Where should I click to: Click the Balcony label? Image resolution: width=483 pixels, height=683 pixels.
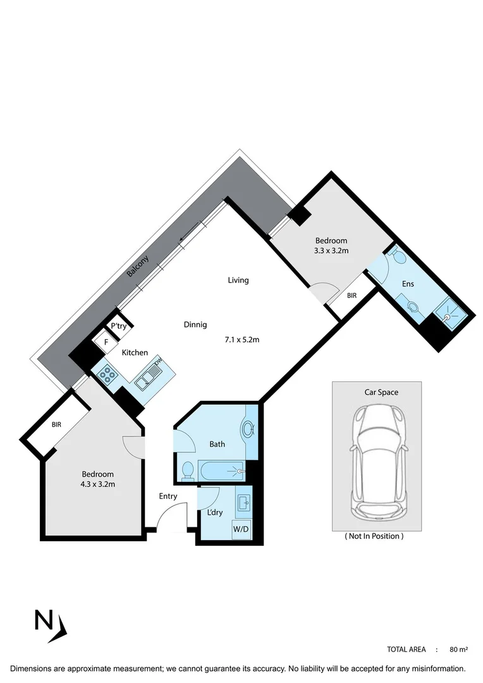pos(138,266)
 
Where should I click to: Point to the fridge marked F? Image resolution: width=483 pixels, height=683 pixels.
pos(106,341)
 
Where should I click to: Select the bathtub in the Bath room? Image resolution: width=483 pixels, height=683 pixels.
pos(221,471)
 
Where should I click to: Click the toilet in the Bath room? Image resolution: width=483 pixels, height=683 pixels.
pos(186,470)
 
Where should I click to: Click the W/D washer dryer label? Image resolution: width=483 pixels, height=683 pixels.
pos(241,529)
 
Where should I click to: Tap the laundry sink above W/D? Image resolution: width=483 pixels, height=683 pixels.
pos(243,503)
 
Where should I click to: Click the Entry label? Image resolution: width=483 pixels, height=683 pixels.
pos(168,496)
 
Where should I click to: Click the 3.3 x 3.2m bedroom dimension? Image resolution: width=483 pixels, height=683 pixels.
pos(331,250)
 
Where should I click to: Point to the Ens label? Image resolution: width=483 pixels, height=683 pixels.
pos(408,284)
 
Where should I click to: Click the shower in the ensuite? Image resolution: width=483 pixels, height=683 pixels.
pos(449,309)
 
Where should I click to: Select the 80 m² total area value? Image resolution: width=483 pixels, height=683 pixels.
pos(458,649)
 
